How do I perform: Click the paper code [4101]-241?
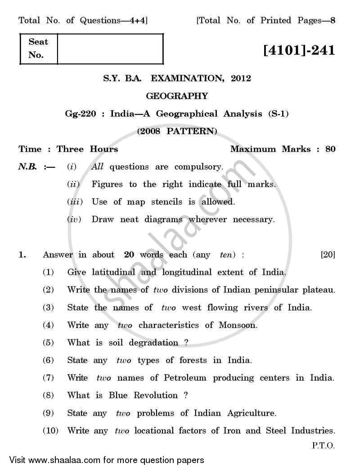coord(299,50)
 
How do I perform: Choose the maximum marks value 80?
coord(330,149)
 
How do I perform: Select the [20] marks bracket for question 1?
coord(328,255)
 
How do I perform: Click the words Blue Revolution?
coord(143,395)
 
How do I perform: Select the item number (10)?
coord(51,431)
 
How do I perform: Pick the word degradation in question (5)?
coord(153,342)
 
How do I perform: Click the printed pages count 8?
coord(333,20)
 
